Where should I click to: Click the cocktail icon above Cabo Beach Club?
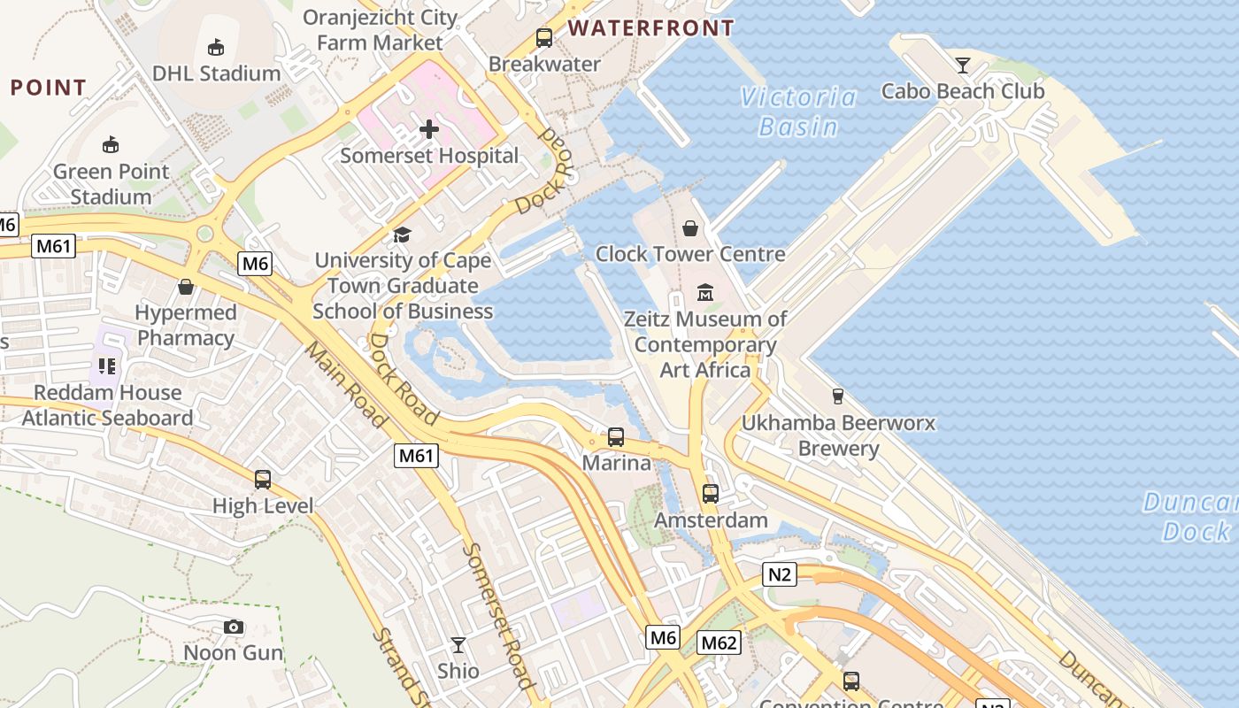pos(963,65)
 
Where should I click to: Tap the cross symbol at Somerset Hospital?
pos(429,129)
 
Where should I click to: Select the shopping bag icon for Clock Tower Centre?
pos(690,228)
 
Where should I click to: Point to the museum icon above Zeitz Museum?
pos(705,292)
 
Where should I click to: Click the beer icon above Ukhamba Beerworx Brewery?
pos(837,396)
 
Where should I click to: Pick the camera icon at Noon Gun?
pos(234,627)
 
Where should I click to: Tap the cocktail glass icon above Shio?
pos(458,645)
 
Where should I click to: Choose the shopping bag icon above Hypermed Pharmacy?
pos(186,287)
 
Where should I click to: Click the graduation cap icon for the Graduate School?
pos(403,235)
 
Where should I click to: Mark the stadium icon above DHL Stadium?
pos(215,47)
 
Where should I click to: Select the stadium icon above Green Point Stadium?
pos(111,144)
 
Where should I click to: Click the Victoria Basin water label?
pos(799,112)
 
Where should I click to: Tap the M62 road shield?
pos(718,643)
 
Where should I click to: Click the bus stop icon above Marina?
pos(616,437)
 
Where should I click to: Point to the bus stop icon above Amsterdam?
pos(711,494)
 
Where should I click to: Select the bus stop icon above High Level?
pos(263,480)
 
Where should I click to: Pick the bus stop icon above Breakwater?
pos(544,38)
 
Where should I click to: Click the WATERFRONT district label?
pos(651,28)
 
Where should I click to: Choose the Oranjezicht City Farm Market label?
pos(380,29)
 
